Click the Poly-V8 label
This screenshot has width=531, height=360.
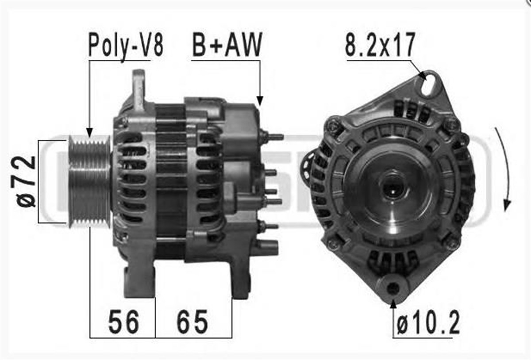coord(126,46)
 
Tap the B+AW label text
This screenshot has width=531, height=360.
coord(227,45)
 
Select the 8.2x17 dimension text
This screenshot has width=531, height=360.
coord(380,45)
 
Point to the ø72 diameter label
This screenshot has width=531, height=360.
coord(27,181)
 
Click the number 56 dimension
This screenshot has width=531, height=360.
coord(123,322)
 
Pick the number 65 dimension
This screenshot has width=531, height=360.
coord(192,322)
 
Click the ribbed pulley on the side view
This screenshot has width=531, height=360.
coord(89,181)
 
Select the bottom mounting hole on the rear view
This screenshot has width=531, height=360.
coord(392,289)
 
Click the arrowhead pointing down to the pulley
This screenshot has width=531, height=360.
coord(89,132)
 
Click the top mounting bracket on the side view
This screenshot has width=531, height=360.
coord(139,88)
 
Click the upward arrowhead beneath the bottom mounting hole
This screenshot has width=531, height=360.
coord(393,303)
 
